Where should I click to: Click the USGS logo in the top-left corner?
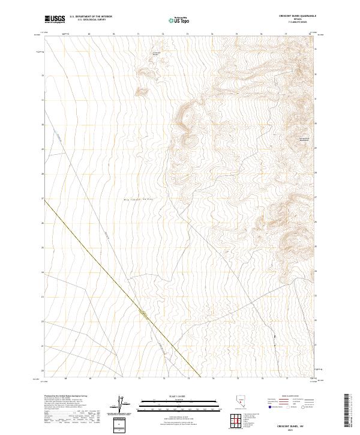coord(55,19)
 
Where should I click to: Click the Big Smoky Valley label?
coord(139,199)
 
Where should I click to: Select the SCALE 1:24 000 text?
coord(179,395)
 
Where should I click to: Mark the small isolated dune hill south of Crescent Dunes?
coord(143,92)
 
